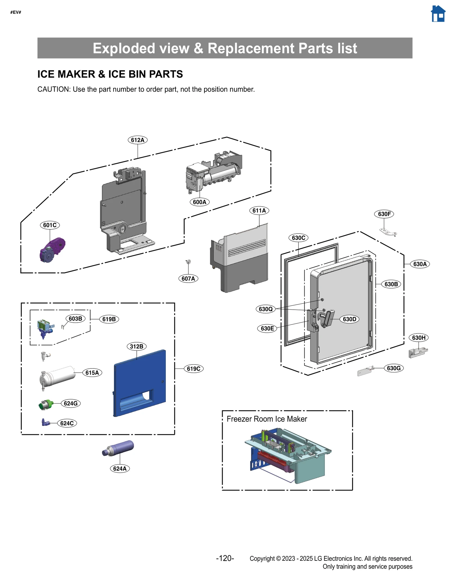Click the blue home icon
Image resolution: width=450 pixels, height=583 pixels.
(438, 14)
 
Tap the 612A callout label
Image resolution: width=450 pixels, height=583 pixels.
(138, 140)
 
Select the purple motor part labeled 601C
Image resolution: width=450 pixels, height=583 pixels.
(52, 249)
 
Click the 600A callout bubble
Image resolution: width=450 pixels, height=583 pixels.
(199, 202)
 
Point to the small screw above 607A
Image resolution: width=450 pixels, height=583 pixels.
(188, 262)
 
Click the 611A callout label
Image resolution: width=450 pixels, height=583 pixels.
(259, 210)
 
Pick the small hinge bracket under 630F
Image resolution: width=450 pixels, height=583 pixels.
(388, 232)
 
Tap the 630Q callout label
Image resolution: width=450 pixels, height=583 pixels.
(265, 309)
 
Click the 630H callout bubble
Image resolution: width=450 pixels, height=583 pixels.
(418, 338)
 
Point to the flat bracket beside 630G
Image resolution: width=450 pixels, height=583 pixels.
(365, 372)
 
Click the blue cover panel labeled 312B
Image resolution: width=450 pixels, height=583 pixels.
(140, 383)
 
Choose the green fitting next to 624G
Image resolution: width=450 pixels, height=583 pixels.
(46, 405)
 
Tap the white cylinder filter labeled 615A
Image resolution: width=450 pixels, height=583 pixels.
(58, 376)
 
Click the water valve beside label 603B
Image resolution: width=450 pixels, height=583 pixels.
(45, 328)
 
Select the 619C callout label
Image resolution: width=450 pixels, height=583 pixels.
(193, 368)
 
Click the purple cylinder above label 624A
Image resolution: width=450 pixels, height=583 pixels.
(118, 448)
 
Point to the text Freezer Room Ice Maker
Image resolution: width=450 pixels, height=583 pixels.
(267, 419)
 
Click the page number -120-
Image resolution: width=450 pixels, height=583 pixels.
(225, 558)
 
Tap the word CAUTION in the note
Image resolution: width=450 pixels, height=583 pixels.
(53, 89)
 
